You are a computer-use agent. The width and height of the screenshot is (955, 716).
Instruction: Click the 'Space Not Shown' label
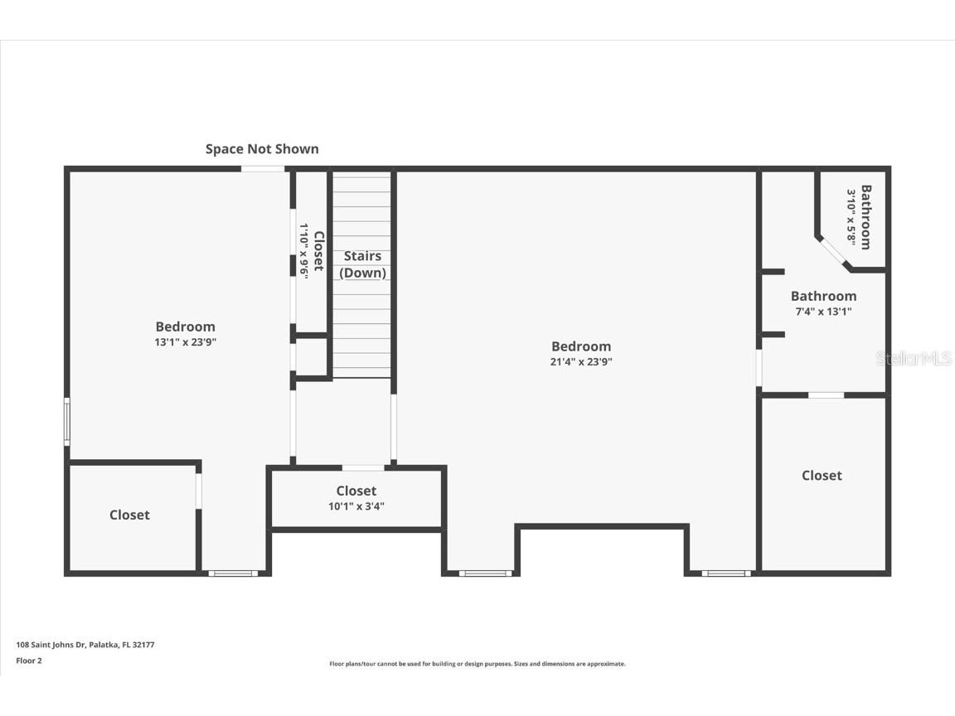click(262, 149)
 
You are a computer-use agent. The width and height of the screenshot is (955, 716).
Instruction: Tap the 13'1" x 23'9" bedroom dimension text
click(185, 342)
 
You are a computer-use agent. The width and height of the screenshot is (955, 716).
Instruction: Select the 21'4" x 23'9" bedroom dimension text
click(581, 361)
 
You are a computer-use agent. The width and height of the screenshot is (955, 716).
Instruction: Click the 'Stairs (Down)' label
click(362, 264)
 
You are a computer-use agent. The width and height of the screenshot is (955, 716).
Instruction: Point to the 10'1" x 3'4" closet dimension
click(356, 506)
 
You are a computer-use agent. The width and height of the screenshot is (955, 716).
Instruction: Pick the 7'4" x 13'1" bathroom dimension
click(823, 312)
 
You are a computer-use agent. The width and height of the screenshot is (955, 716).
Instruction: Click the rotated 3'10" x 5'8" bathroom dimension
click(851, 215)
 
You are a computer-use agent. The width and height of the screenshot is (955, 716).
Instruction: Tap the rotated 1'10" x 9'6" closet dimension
click(304, 251)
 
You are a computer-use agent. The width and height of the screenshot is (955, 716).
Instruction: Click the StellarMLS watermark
click(914, 359)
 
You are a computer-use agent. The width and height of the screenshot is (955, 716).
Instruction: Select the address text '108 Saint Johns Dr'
click(51, 645)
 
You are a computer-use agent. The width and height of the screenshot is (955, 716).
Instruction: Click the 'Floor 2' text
click(29, 660)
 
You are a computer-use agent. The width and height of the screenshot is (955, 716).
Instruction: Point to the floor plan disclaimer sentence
click(477, 664)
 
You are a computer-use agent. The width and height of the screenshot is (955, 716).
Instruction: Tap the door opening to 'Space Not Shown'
click(263, 169)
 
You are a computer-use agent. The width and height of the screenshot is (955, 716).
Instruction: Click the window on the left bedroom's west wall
click(67, 422)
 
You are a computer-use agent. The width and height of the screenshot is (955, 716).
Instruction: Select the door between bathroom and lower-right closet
click(827, 395)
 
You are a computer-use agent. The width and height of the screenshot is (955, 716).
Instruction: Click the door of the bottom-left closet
click(199, 491)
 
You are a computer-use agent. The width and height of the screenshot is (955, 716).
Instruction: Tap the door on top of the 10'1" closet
click(363, 468)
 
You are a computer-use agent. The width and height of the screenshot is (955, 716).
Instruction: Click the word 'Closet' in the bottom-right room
click(822, 476)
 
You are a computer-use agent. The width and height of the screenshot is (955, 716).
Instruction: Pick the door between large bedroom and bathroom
click(759, 368)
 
